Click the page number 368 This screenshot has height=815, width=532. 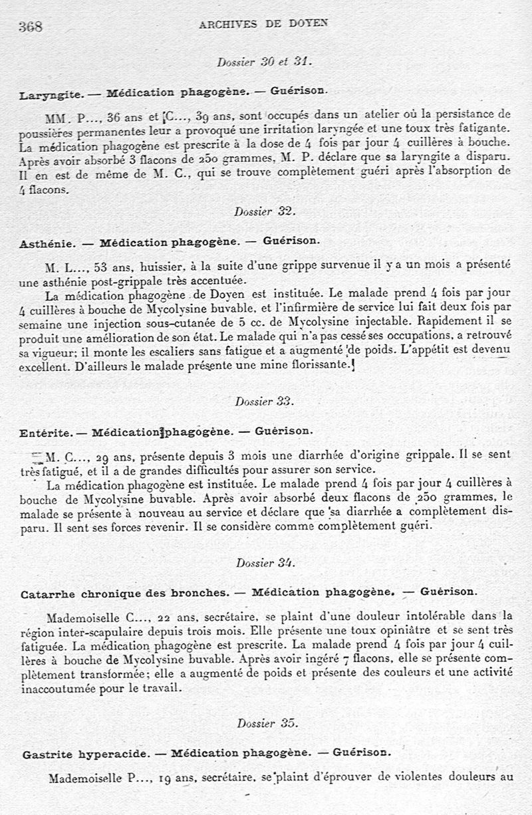pyautogui.click(x=31, y=27)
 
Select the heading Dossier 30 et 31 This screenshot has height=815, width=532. pyautogui.click(x=265, y=61)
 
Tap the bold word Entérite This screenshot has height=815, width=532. pyautogui.click(x=45, y=432)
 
